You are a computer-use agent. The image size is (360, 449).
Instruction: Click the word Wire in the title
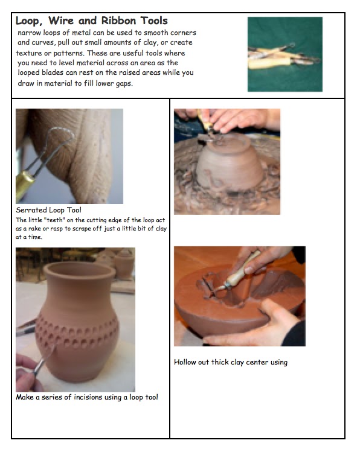pos(60,21)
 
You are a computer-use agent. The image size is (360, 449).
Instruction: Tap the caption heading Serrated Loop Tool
pos(49,210)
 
